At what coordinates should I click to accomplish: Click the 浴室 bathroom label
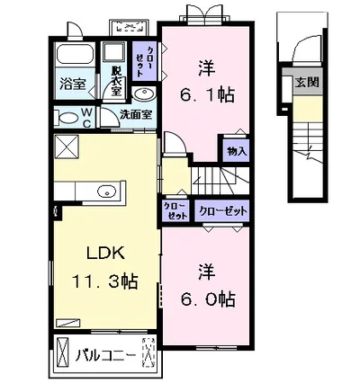[x=73, y=84]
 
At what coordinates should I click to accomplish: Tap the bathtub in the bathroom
[x=75, y=54]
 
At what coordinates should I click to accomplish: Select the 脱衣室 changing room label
[x=115, y=81]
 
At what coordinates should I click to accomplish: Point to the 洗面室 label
[x=136, y=114]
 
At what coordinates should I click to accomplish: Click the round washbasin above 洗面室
[x=143, y=94]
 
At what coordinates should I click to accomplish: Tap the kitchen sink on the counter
[x=107, y=191]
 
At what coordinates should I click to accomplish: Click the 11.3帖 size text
[x=104, y=281]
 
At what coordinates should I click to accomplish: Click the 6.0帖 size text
[x=208, y=298]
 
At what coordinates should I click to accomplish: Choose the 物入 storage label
[x=237, y=151]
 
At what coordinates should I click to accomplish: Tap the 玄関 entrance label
[x=307, y=82]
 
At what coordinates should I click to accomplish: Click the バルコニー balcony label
[x=105, y=356]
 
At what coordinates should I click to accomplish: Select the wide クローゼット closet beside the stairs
[x=222, y=211]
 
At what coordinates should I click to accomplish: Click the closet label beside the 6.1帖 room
[x=144, y=61]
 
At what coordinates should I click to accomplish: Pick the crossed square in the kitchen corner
[x=67, y=146]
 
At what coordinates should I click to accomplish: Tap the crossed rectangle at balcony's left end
[x=63, y=352]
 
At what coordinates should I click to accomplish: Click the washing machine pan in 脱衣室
[x=114, y=53]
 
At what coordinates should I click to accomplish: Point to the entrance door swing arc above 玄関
[x=300, y=49]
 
